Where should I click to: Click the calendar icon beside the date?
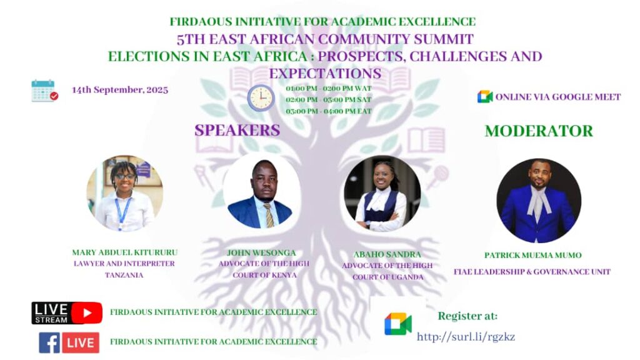[x=44, y=90]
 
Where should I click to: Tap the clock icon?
[x=261, y=98]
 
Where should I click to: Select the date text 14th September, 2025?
[x=120, y=90]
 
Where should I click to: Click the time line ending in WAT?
[x=329, y=88]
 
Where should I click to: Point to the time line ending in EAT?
[x=329, y=111]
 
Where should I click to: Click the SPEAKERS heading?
[x=237, y=130]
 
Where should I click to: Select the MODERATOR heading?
[x=539, y=131]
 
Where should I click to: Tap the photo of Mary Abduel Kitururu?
[x=124, y=193]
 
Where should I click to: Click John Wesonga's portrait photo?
[x=262, y=192]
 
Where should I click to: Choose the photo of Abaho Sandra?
[x=382, y=194]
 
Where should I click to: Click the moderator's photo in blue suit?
[x=539, y=201]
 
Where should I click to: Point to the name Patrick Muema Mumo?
[x=533, y=255]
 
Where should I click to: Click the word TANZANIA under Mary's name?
[x=124, y=275]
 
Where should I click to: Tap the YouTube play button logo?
[x=86, y=313]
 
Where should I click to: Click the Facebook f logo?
[x=49, y=342]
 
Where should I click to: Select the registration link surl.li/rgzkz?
[x=466, y=337]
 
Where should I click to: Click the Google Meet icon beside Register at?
[x=398, y=324]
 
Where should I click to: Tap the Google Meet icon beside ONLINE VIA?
[x=485, y=97]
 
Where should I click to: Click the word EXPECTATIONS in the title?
[x=325, y=74]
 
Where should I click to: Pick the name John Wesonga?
[x=261, y=253]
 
